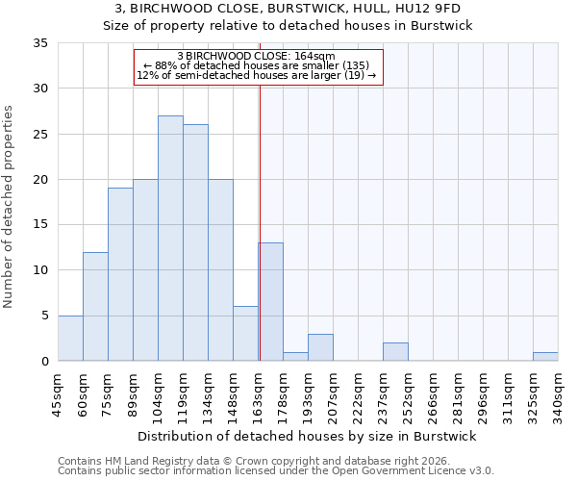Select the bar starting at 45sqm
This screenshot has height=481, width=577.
pos(70,339)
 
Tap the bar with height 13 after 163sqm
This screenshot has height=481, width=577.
pos(270,302)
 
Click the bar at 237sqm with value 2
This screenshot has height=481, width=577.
pos(395,352)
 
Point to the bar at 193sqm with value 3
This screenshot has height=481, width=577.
pos(320,347)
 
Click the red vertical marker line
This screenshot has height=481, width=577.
pos(260,221)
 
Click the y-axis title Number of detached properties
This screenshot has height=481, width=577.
pos(10,207)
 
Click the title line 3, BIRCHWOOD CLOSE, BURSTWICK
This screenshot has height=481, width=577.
pos(288,10)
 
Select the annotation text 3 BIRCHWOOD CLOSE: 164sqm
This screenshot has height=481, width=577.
pos(256,56)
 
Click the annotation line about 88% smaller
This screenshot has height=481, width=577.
pos(256,65)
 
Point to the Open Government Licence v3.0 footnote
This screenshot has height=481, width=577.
pos(276,471)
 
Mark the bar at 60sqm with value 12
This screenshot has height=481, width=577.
pos(95,307)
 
